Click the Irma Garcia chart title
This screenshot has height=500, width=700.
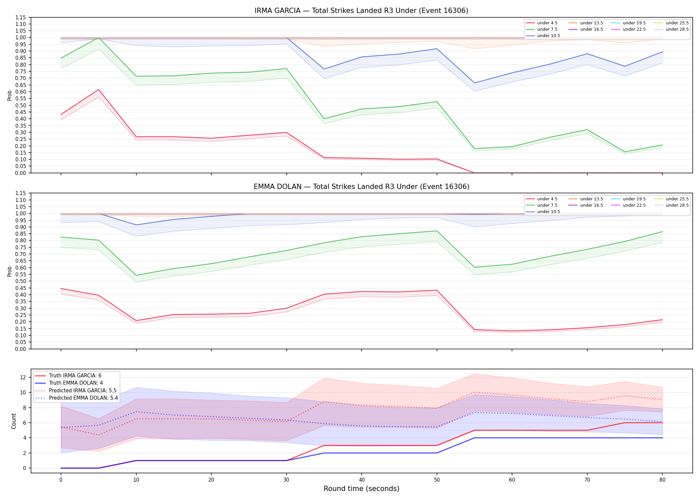coord(361,11)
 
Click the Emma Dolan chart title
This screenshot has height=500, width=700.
coord(361,187)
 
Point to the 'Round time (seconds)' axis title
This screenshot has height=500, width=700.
coord(361,489)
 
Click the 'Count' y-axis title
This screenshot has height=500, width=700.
coord(14,421)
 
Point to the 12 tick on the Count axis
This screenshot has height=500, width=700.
coord(23,377)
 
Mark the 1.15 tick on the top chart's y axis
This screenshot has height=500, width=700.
coord(21,17)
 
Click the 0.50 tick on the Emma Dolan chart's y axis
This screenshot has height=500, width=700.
coord(21,281)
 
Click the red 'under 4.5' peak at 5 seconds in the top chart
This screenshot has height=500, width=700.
coord(98,89)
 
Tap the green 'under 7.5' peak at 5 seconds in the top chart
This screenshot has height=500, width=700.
coord(98,38)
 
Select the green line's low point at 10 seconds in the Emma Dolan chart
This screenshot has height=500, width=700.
coord(136,275)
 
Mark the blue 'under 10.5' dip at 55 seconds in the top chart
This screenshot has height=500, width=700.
coord(474,83)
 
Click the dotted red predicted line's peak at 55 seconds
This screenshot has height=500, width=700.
coord(474,392)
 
